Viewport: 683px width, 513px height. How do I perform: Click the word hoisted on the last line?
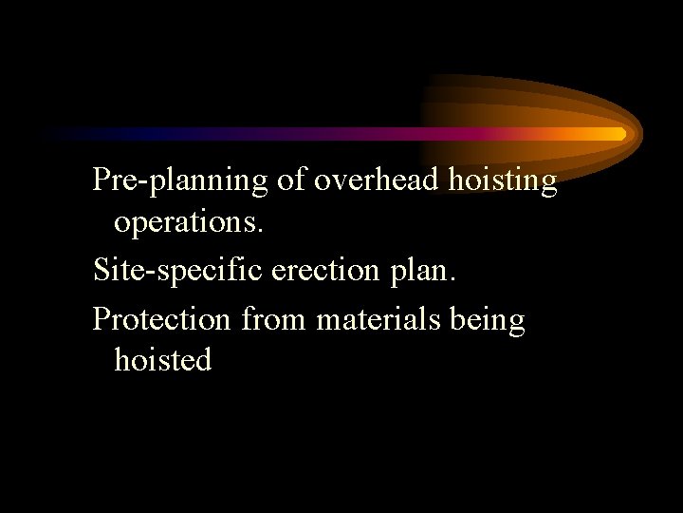coord(162,360)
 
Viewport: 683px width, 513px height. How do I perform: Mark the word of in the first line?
coord(291,180)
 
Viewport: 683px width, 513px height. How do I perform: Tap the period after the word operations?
coord(261,232)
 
